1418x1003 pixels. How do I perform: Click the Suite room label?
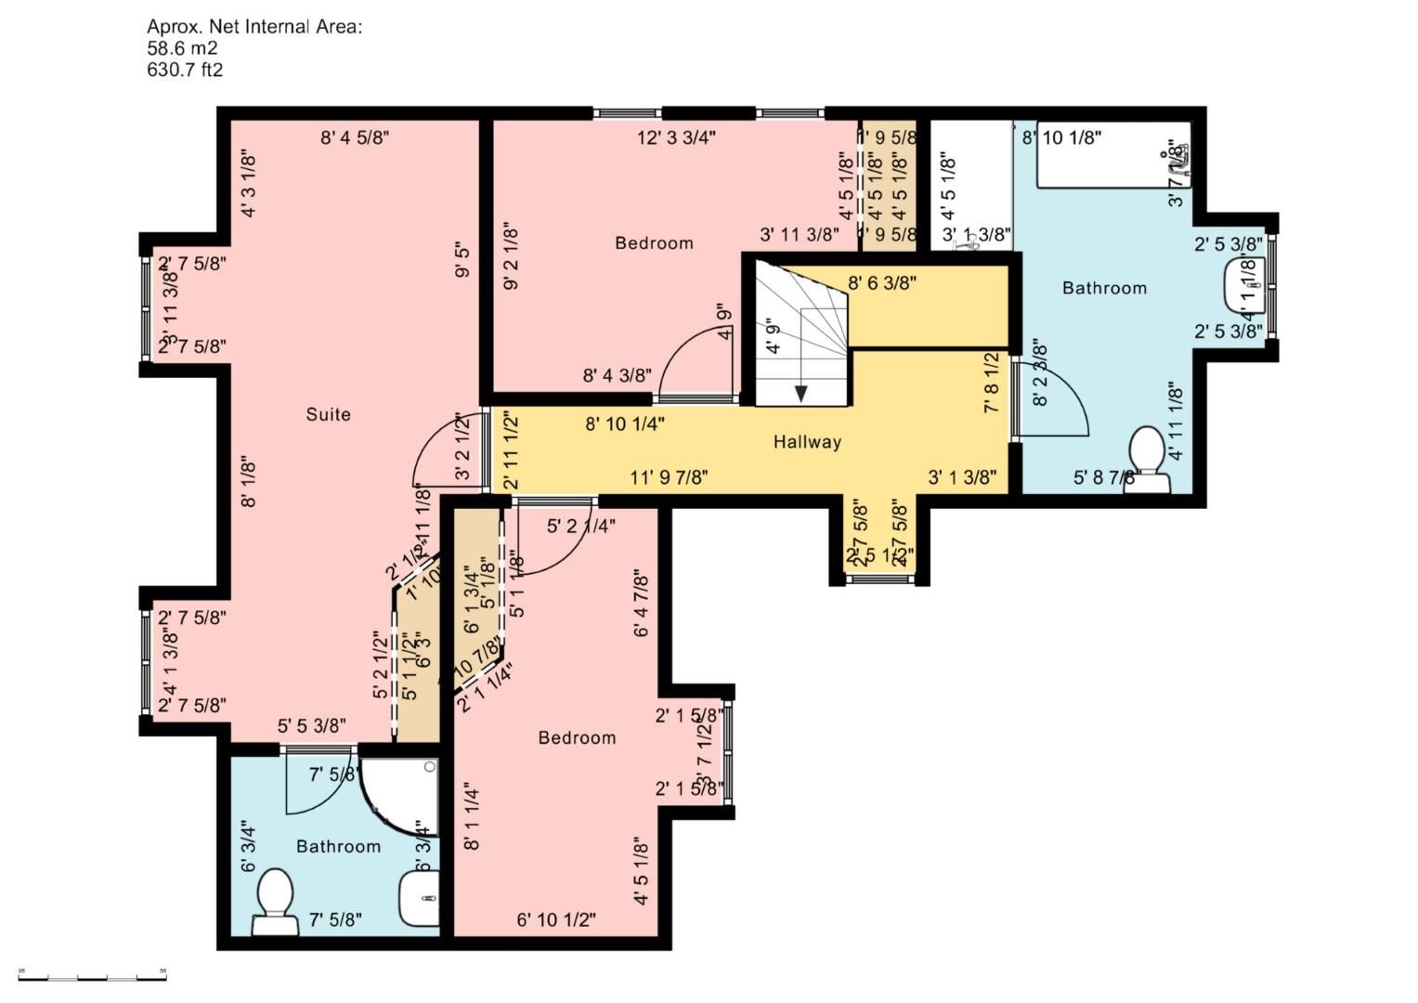click(328, 414)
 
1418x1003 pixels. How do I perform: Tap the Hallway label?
click(807, 442)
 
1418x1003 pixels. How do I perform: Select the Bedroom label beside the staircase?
click(654, 243)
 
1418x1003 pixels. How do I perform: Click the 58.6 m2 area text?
click(182, 48)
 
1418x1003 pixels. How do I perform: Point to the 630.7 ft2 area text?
click(185, 70)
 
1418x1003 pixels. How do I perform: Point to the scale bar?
click(92, 977)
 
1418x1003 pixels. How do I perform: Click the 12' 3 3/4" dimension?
click(676, 138)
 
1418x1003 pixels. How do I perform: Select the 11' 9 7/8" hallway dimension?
click(669, 478)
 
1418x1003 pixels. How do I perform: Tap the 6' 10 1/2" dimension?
click(555, 919)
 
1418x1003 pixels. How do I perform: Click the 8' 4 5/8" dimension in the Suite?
click(355, 138)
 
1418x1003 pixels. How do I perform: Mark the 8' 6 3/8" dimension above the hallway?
click(882, 283)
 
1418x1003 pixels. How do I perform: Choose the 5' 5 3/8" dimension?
click(312, 725)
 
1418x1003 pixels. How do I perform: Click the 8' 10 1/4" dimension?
click(624, 424)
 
